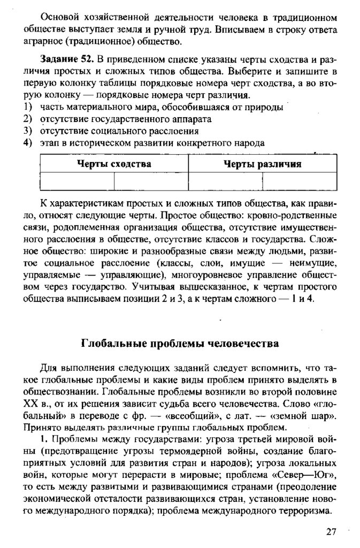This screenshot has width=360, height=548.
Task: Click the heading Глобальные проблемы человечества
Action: coord(180,343)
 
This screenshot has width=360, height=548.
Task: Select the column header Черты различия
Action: coord(262,164)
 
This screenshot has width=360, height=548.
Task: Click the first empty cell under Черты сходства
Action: coord(77,181)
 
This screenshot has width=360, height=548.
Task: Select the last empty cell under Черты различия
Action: coord(299,181)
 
